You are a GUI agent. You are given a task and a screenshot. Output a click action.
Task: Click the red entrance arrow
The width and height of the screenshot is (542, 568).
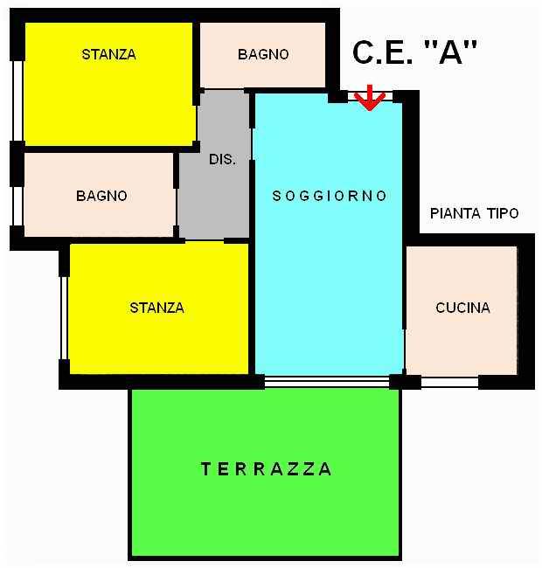click(x=370, y=97)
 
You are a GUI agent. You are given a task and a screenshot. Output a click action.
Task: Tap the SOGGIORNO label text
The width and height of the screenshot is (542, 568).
click(x=330, y=196)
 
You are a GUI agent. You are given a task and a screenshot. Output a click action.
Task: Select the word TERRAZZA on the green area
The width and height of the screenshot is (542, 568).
click(x=267, y=469)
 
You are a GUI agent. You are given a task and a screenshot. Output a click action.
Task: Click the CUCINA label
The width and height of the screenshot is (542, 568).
click(x=462, y=308)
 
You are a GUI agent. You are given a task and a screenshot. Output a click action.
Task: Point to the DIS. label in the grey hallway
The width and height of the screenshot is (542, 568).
click(x=222, y=160)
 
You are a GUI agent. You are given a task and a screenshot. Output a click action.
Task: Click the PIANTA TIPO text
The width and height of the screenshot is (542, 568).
click(x=474, y=213)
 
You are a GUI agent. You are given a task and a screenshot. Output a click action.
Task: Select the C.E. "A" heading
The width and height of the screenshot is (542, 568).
click(x=415, y=53)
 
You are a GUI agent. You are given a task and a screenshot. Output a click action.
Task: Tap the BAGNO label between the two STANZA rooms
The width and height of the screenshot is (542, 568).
click(x=101, y=196)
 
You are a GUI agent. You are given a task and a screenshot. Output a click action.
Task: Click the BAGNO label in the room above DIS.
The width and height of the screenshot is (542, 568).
click(x=263, y=54)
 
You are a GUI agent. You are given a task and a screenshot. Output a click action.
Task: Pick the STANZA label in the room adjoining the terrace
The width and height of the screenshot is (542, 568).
click(x=156, y=308)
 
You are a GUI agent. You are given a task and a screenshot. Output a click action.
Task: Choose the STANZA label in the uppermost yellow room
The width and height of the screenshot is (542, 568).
click(x=108, y=54)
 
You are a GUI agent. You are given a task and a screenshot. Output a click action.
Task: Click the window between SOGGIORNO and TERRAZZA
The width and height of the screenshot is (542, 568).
click(x=326, y=381)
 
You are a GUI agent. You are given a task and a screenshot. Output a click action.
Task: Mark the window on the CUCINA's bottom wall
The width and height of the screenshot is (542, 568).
click(x=449, y=382)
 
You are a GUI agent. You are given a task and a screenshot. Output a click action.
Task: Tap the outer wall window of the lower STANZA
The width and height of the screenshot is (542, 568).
click(x=64, y=317)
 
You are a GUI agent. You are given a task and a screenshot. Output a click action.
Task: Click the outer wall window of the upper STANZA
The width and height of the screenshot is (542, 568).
click(x=17, y=100)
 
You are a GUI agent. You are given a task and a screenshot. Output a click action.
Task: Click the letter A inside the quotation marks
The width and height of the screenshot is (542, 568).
click(x=450, y=53)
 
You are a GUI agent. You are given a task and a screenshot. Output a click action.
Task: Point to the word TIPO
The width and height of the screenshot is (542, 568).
click(x=502, y=213)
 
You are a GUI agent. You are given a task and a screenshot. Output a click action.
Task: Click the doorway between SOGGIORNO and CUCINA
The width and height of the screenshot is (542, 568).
click(x=404, y=288)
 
